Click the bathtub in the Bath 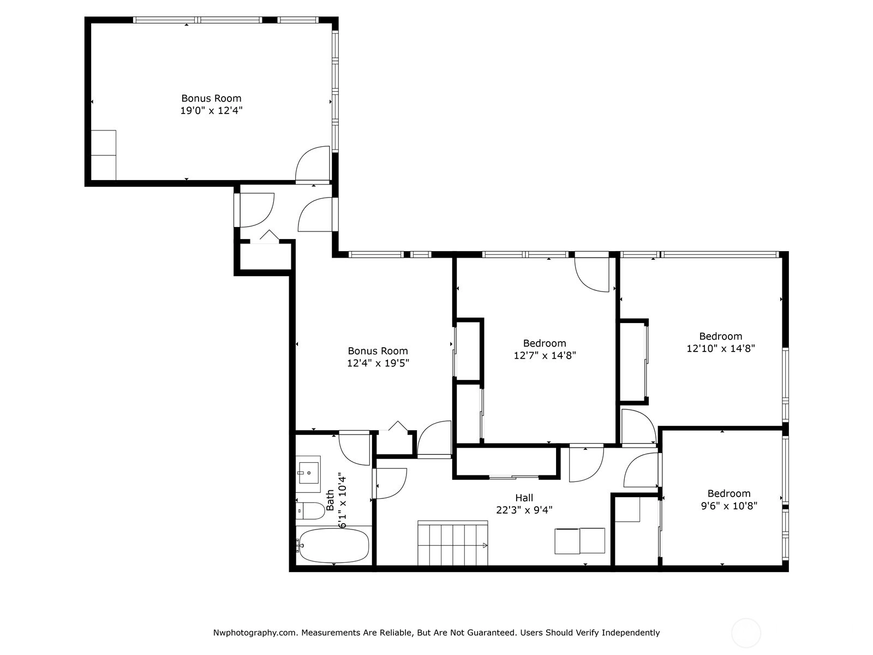[x=334, y=545]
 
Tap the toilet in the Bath [x=310, y=511]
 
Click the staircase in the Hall [x=453, y=543]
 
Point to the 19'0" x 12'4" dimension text [x=211, y=111]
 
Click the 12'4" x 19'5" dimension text [x=378, y=363]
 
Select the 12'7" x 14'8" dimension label [x=545, y=355]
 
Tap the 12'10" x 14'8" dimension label [x=721, y=348]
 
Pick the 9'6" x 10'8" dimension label [x=728, y=506]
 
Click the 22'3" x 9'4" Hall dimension [x=524, y=510]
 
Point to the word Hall [x=524, y=497]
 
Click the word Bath [x=330, y=501]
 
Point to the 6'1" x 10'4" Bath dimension [x=342, y=501]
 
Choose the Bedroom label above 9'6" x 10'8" [x=728, y=493]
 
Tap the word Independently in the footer [x=630, y=632]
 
